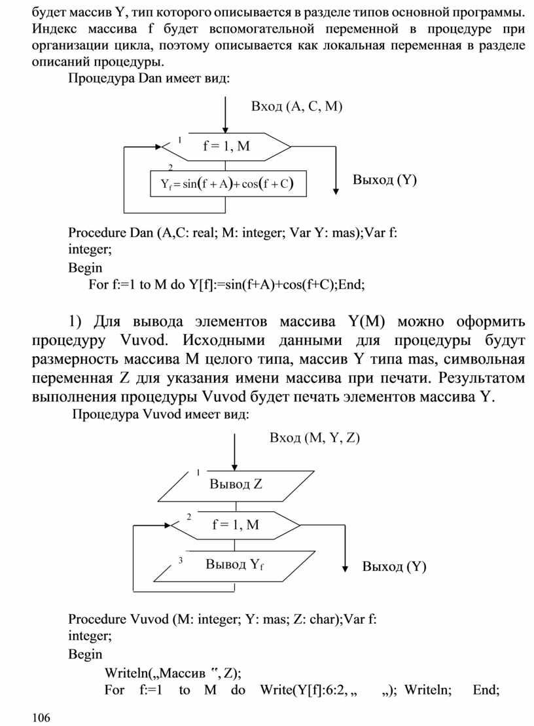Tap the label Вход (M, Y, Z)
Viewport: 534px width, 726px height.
click(x=315, y=438)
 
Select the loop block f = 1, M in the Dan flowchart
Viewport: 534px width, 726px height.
click(x=226, y=147)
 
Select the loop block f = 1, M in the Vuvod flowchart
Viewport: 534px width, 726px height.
click(x=236, y=524)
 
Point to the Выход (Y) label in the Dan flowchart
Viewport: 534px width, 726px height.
click(x=385, y=179)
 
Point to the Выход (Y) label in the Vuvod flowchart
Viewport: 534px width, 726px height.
click(x=394, y=567)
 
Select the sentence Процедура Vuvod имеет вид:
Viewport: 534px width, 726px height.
click(x=160, y=414)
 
